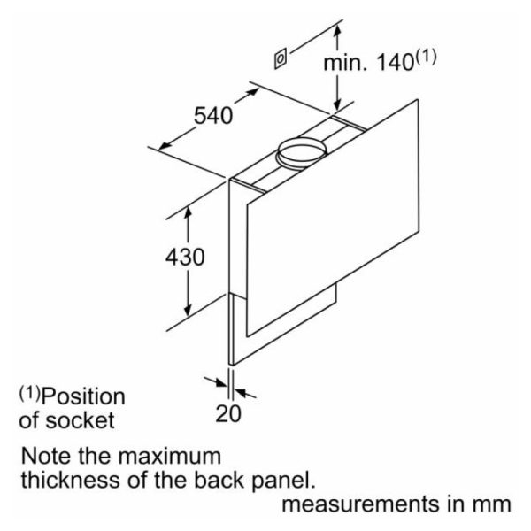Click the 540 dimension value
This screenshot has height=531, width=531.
pyautogui.click(x=213, y=115)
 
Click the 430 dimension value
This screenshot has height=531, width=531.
pyautogui.click(x=185, y=257)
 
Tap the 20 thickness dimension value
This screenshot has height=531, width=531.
pyautogui.click(x=228, y=413)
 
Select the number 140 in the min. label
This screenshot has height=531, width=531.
pyautogui.click(x=396, y=63)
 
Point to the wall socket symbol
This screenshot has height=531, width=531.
pyautogui.click(x=280, y=58)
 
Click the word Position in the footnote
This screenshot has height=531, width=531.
pyautogui.click(x=83, y=396)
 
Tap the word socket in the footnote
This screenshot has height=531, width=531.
pyautogui.click(x=80, y=420)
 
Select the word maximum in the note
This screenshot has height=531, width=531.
pyautogui.click(x=170, y=456)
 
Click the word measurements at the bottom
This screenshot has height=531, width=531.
pyautogui.click(x=361, y=504)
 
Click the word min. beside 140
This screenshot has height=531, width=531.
pyautogui.click(x=345, y=63)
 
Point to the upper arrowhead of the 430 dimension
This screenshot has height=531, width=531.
pyautogui.click(x=189, y=212)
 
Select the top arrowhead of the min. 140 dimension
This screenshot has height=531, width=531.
pyautogui.click(x=337, y=32)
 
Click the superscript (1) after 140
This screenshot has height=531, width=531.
pyautogui.click(x=426, y=57)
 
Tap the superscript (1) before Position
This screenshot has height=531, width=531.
pyautogui.click(x=29, y=394)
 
